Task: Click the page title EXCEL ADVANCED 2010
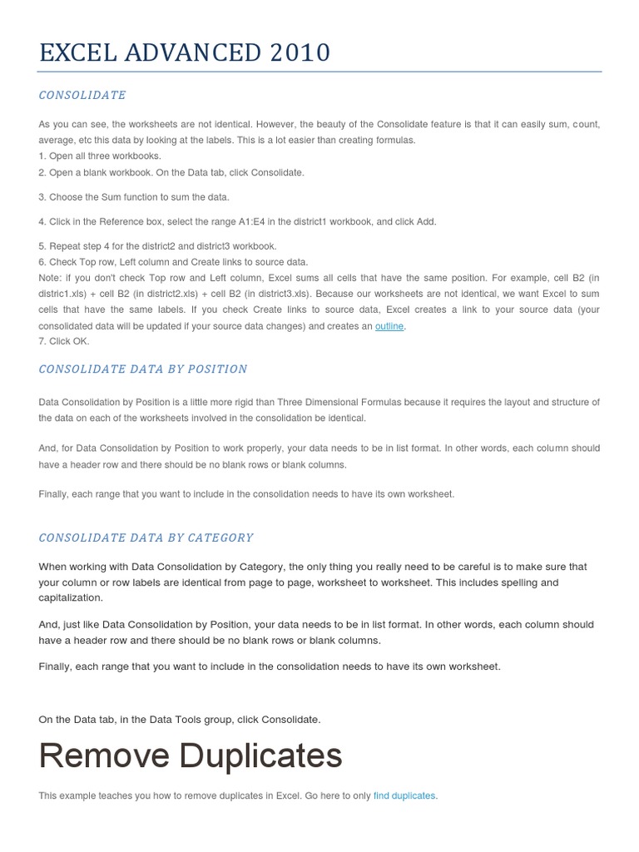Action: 184,53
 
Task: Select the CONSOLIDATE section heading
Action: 82,96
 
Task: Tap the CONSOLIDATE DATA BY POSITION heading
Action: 143,369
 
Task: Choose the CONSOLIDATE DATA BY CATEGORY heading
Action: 146,537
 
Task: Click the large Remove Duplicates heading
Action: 191,755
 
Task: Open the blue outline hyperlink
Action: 389,326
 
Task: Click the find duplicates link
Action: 404,795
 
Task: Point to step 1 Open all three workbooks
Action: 100,156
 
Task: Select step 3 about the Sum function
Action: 133,197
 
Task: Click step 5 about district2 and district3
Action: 157,246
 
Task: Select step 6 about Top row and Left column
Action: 173,262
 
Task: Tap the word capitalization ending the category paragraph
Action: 71,597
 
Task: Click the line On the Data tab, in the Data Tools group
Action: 179,719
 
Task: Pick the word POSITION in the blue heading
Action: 214,369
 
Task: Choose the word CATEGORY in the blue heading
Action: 220,537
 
